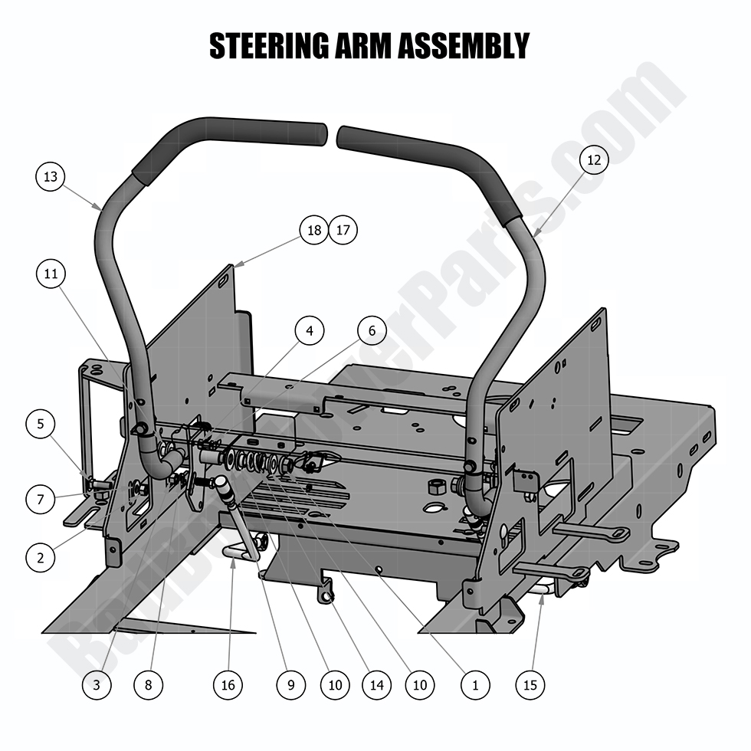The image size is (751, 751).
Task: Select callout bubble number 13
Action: (51, 177)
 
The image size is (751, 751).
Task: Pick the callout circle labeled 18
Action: (313, 230)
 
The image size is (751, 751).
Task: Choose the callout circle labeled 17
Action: (343, 230)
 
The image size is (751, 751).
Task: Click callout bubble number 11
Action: (51, 273)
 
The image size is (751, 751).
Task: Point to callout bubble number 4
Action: (310, 331)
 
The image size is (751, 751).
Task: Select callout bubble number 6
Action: (372, 331)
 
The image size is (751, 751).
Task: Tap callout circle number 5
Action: (40, 424)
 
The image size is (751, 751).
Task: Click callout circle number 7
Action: (40, 499)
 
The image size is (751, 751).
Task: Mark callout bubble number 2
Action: (40, 557)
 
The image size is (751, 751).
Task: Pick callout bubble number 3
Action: (97, 684)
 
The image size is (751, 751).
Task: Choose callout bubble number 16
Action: (228, 684)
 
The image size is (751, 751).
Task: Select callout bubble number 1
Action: (475, 684)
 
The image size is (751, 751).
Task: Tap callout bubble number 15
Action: (530, 684)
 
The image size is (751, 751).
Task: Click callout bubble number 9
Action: (290, 684)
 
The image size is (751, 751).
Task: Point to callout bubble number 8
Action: (148, 684)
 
